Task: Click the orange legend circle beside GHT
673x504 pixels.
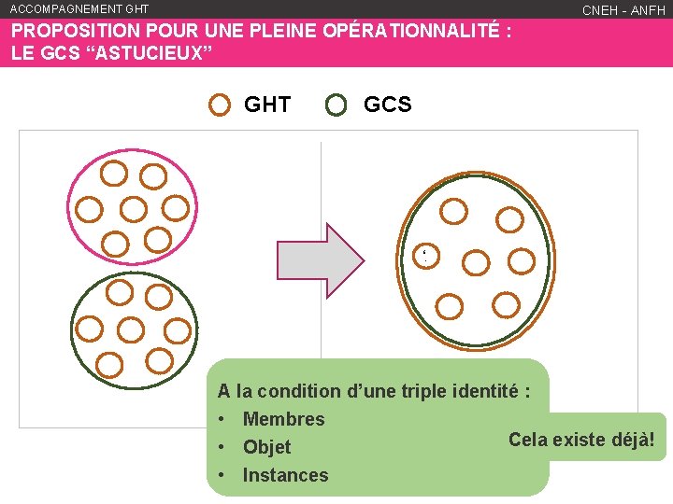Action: point(220,105)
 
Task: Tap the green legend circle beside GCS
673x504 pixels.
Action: point(336,105)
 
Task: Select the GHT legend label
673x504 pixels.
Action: point(267,105)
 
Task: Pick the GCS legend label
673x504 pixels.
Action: point(387,105)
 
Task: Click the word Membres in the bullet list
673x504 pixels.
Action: point(283,419)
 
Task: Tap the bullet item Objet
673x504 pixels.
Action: point(266,447)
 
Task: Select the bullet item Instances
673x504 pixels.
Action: point(285,475)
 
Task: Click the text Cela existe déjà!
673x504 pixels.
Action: point(581,439)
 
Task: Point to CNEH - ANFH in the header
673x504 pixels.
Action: point(623,10)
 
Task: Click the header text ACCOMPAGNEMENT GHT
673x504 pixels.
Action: point(79,9)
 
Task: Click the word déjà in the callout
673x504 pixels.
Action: point(631,439)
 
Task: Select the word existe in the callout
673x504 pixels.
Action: point(577,439)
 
